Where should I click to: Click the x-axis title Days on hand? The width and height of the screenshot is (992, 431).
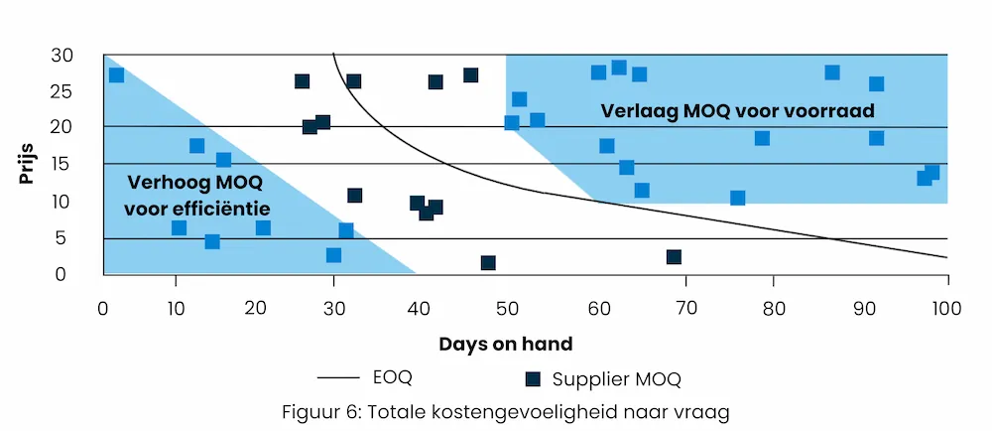pyautogui.click(x=506, y=345)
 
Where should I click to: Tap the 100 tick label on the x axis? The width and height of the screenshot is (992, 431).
pyautogui.click(x=947, y=308)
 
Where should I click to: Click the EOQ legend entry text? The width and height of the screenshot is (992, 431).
pyautogui.click(x=393, y=377)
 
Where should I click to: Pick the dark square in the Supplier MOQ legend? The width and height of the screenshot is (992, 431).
pyautogui.click(x=534, y=377)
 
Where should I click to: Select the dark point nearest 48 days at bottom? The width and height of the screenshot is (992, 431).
pyautogui.click(x=488, y=263)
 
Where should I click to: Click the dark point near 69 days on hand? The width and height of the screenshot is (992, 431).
pyautogui.click(x=674, y=257)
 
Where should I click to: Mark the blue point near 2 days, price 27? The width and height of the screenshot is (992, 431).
pyautogui.click(x=116, y=75)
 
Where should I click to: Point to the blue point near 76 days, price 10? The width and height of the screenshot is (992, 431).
pyautogui.click(x=737, y=198)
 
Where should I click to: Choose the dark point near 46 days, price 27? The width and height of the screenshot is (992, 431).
pyautogui.click(x=470, y=75)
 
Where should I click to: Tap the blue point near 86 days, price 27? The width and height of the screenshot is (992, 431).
pyautogui.click(x=832, y=72)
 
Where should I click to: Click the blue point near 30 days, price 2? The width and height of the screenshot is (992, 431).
pyautogui.click(x=333, y=255)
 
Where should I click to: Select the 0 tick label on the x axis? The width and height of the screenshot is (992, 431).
pyautogui.click(x=103, y=308)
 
